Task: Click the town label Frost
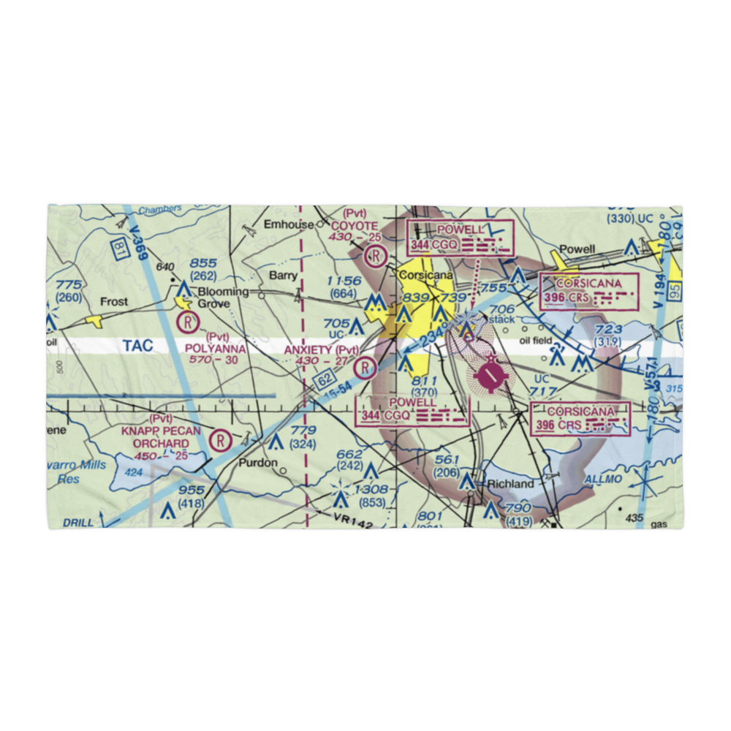pos(113,301)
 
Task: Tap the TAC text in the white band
pos(138,346)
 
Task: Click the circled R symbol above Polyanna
pos(189,320)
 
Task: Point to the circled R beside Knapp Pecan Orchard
pos(219,440)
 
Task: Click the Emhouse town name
pos(288,224)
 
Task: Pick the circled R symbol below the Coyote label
pos(375,256)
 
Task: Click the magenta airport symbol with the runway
pos(489,376)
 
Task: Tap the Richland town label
pos(511,484)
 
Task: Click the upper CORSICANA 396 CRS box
pos(588,291)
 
